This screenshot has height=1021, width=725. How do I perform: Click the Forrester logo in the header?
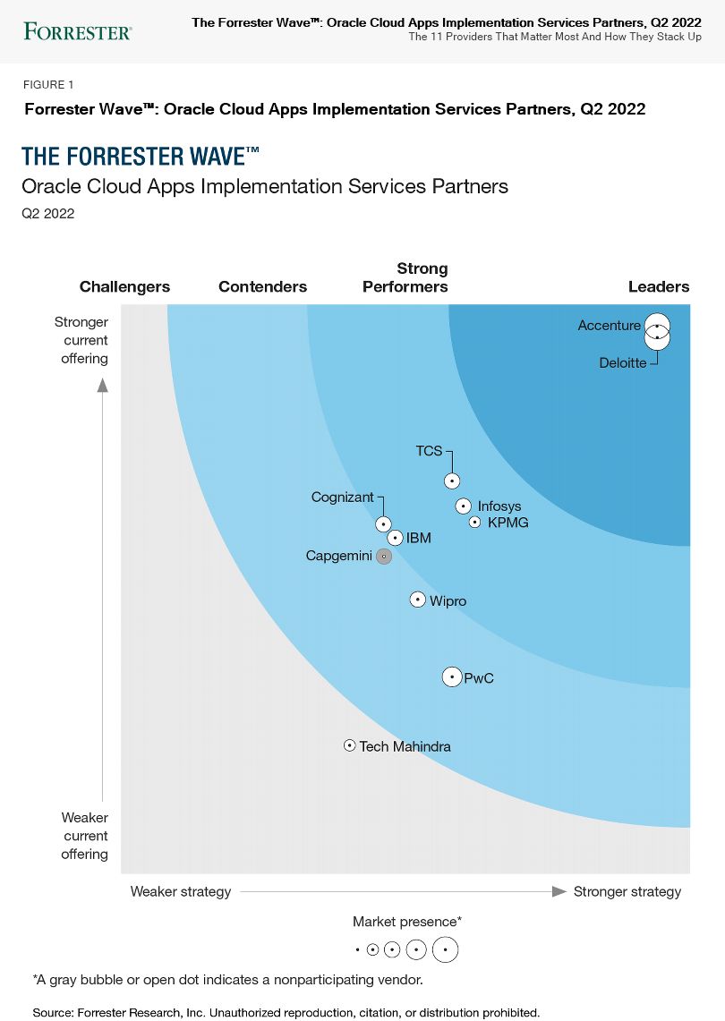point(78,32)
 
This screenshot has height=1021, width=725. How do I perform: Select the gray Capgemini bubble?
point(384,557)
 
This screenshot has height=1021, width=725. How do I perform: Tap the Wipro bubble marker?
point(418,600)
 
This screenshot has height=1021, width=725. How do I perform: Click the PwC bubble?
point(453,677)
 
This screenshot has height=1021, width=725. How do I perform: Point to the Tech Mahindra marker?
point(350,745)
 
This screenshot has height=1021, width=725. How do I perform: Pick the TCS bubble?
point(453,481)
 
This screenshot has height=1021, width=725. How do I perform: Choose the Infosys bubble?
point(464,506)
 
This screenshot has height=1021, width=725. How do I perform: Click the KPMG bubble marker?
point(475,522)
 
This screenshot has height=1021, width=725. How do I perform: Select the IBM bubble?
point(396,538)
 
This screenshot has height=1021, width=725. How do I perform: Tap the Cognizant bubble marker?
point(383,524)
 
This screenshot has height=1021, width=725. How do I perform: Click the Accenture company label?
point(610,326)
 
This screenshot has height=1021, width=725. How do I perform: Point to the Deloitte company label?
point(623,363)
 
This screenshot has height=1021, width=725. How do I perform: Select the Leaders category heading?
point(659,287)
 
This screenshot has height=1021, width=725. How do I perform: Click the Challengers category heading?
point(124,287)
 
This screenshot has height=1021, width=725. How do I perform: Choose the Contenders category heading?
point(262,287)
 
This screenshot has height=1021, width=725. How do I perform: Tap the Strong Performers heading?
point(405,277)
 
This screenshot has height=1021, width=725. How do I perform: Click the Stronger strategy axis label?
point(627,891)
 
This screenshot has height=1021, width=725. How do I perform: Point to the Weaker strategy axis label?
point(181,891)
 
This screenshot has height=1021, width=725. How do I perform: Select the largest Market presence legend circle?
point(445,949)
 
